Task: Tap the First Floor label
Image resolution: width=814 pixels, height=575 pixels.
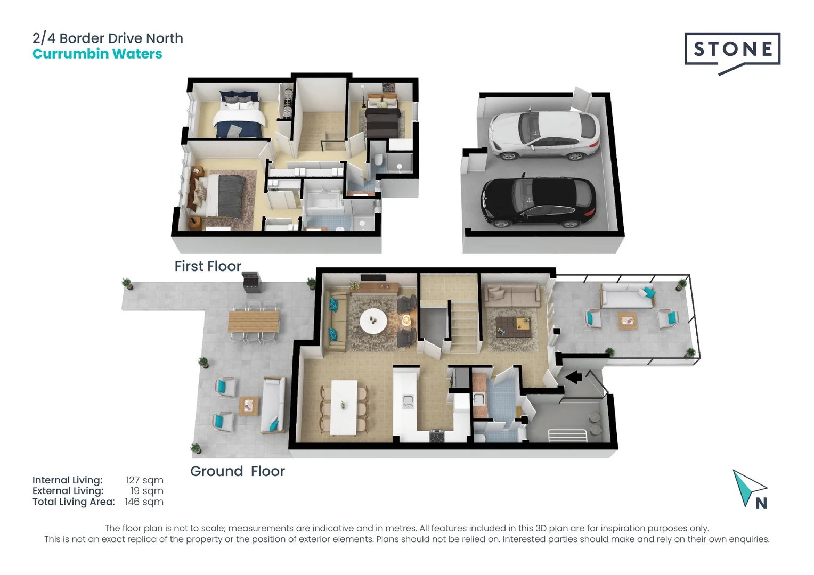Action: [208, 266]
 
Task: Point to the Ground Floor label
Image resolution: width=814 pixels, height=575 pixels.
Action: [237, 471]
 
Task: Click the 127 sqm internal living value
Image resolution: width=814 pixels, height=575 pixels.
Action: [144, 480]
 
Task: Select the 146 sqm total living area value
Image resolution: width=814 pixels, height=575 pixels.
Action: [144, 502]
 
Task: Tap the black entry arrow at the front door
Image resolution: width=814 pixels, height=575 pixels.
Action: [573, 377]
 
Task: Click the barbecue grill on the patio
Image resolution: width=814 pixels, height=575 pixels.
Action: [251, 282]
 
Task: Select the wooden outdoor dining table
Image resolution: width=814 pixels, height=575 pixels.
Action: [254, 321]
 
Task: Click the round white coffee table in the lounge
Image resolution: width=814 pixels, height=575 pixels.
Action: [373, 321]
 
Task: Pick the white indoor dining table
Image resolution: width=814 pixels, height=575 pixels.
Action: [343, 407]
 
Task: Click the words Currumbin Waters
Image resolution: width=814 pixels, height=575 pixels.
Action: [97, 54]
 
